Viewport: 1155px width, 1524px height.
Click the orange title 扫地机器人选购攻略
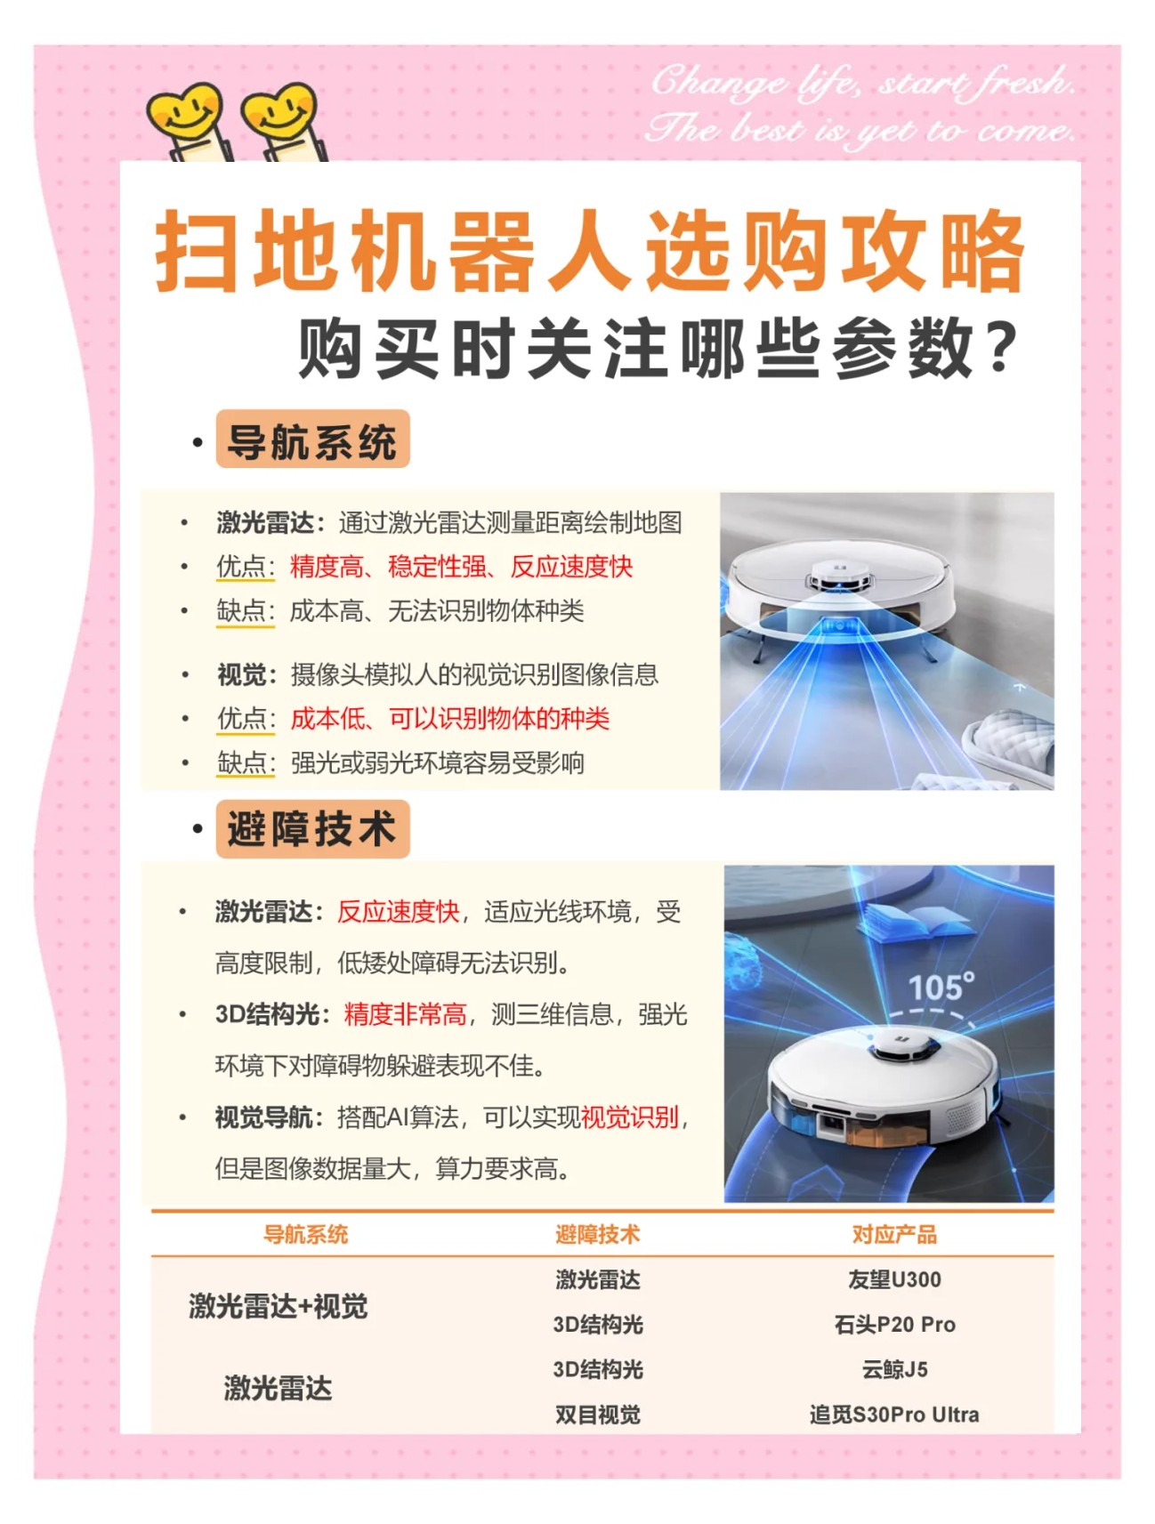pyautogui.click(x=590, y=252)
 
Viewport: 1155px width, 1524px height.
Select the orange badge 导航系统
pyautogui.click(x=312, y=439)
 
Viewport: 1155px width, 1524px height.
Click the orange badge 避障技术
pyautogui.click(x=312, y=829)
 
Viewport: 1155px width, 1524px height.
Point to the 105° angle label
pyautogui.click(x=941, y=988)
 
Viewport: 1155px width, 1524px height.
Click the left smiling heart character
pyautogui.click(x=186, y=117)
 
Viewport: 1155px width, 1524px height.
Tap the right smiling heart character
pyautogui.click(x=280, y=117)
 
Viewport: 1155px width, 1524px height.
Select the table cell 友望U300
pyautogui.click(x=894, y=1279)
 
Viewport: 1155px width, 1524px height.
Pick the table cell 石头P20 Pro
pyautogui.click(x=894, y=1325)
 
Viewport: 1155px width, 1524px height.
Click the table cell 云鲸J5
pyautogui.click(x=894, y=1369)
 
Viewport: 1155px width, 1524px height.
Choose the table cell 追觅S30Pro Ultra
pyautogui.click(x=894, y=1415)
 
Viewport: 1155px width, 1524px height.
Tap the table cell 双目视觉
pyautogui.click(x=598, y=1415)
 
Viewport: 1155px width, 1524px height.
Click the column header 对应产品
pyautogui.click(x=894, y=1234)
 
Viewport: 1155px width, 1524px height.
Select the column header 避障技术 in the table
pyautogui.click(x=598, y=1234)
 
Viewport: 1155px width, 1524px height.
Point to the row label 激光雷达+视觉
pyautogui.click(x=278, y=1306)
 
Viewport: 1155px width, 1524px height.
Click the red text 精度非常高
pyautogui.click(x=405, y=1014)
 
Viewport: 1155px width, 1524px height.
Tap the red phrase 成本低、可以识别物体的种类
pyautogui.click(x=450, y=718)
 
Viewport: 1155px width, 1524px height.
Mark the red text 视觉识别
pyautogui.click(x=630, y=1117)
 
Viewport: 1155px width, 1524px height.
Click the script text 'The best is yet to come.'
pyautogui.click(x=860, y=131)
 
